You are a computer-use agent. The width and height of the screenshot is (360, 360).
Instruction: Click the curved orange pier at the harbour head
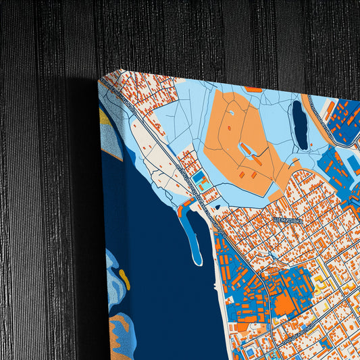182,209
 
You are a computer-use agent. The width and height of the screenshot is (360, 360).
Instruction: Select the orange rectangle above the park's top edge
253,89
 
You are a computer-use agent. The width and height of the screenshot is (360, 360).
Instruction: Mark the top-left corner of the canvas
99,79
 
